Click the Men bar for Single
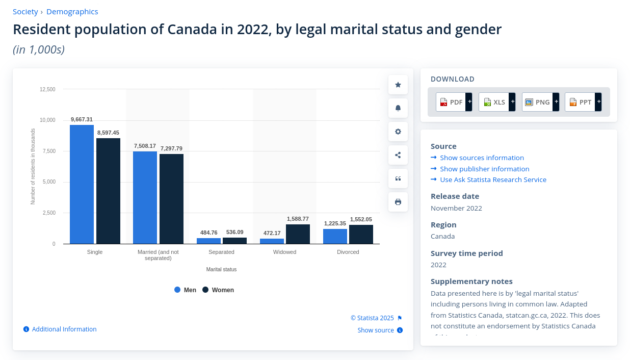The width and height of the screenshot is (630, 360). [x=82, y=184]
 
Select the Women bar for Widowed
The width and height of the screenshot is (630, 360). [x=298, y=234]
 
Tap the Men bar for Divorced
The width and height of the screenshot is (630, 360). [x=335, y=237]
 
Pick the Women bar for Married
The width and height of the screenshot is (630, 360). [x=171, y=199]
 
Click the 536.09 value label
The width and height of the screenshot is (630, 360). [x=234, y=233]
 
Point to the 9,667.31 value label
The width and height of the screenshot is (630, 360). [x=82, y=119]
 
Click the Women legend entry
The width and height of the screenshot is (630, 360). [x=218, y=290]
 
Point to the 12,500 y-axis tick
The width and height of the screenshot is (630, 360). [x=47, y=89]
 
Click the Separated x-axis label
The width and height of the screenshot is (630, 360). [x=221, y=252]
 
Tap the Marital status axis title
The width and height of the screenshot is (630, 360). [x=221, y=269]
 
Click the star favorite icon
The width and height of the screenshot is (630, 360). [x=398, y=85]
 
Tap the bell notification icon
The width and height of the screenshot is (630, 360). [x=398, y=108]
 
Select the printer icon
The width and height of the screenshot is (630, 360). [x=398, y=202]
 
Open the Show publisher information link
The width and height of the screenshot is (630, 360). [x=484, y=169]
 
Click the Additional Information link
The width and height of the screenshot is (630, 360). [x=64, y=329]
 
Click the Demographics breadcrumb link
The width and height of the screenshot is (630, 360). [x=72, y=12]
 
